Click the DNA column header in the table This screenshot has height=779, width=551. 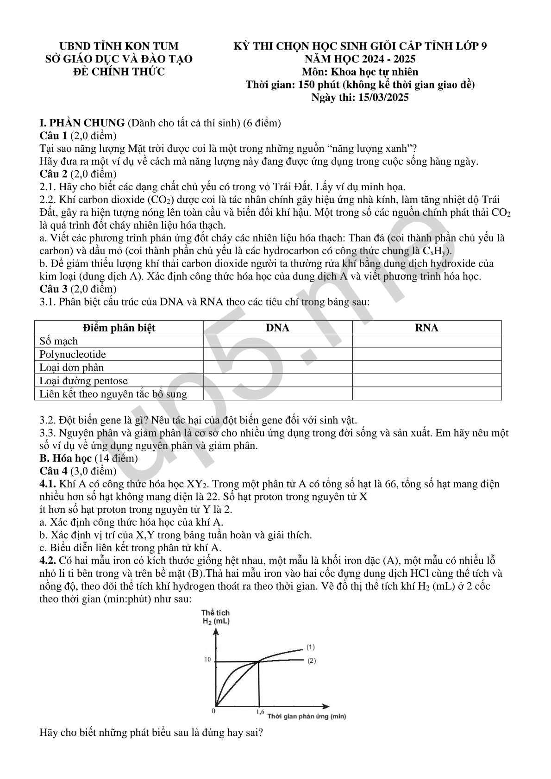tap(277, 328)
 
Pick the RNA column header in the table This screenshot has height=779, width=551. tap(426, 328)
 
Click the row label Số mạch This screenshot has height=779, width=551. tap(59, 341)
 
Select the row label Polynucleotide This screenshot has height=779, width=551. tap(73, 355)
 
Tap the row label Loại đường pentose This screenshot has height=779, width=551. tap(83, 381)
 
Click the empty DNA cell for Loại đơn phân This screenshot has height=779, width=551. tap(277, 368)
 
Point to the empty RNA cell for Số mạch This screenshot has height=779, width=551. tap(426, 341)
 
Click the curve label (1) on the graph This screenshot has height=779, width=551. tap(311, 647)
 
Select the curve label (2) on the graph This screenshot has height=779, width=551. tap(312, 661)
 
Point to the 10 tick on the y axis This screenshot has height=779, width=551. tap(208, 660)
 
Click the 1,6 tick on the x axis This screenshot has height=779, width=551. tap(259, 712)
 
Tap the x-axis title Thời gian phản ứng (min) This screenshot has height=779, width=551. tap(307, 717)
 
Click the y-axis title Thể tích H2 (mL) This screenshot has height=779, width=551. tap(216, 617)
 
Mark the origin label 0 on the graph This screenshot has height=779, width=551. tap(213, 710)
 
